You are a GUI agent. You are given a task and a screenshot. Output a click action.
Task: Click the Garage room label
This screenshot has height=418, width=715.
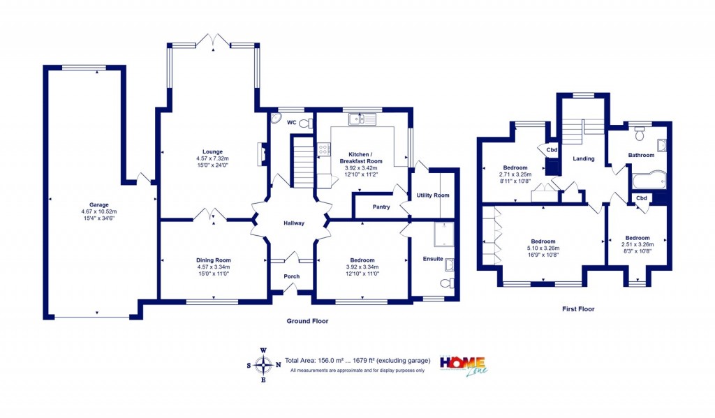click(97, 205)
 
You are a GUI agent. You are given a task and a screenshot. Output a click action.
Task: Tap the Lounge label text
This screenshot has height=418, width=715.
click(212, 151)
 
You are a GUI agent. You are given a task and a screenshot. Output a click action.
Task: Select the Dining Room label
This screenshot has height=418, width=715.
click(213, 260)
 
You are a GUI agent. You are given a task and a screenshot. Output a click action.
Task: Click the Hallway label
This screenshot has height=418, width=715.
click(294, 223)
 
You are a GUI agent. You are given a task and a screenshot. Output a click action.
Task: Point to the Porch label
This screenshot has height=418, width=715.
click(291, 276)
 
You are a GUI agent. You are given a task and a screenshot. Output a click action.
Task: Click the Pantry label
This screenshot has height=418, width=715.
click(381, 207)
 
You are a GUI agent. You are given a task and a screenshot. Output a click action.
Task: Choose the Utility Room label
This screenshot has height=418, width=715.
click(433, 195)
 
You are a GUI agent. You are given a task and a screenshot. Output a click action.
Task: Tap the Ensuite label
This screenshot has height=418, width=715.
click(432, 259)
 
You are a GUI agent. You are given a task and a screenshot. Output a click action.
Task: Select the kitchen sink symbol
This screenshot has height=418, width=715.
click(363, 119)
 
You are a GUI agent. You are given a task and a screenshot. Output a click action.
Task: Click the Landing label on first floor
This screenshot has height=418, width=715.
click(583, 158)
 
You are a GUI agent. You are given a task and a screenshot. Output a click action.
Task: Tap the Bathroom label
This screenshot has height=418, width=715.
click(641, 155)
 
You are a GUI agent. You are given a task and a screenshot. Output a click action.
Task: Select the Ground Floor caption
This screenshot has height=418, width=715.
click(307, 321)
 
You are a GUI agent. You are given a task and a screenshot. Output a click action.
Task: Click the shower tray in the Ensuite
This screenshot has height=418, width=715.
click(443, 235)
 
